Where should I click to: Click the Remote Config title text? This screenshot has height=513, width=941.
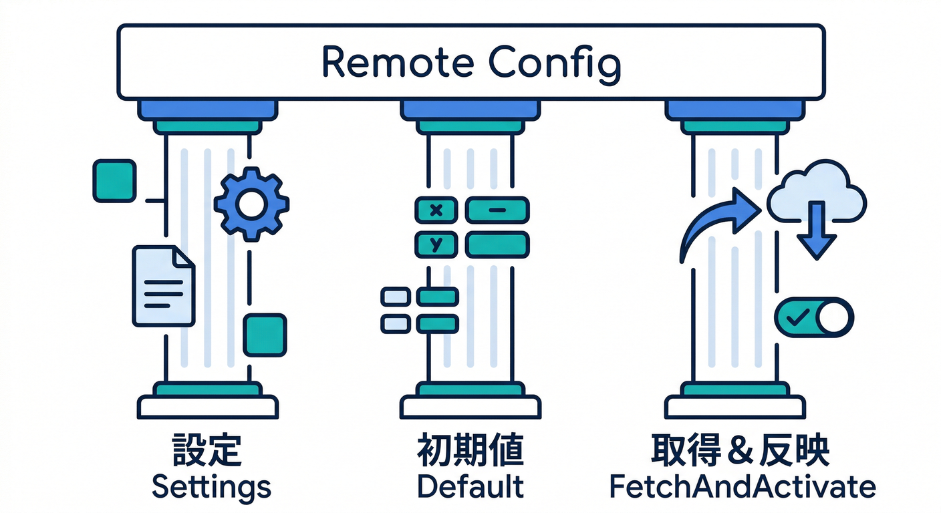pos(470,62)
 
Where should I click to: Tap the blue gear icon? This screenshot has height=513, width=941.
pos(251,203)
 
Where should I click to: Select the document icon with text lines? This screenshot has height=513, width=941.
pos(163,286)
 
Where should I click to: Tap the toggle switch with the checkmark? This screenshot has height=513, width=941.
pos(813,316)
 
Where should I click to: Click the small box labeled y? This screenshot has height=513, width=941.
pos(436,244)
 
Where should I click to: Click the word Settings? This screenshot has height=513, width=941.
pos(211,487)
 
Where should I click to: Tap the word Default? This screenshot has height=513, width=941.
pos(470,487)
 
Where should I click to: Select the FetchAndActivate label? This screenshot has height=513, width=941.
pos(743,487)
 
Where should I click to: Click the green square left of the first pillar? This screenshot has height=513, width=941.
pos(114,180)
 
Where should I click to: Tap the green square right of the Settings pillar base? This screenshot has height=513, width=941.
pos(265,335)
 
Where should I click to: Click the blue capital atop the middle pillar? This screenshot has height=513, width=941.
pos(470,109)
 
